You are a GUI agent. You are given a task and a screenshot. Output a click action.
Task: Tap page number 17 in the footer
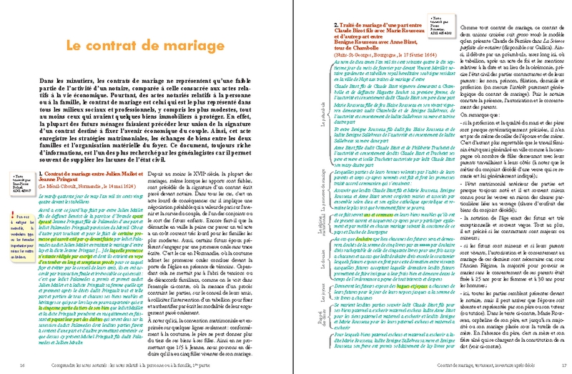(553, 365)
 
